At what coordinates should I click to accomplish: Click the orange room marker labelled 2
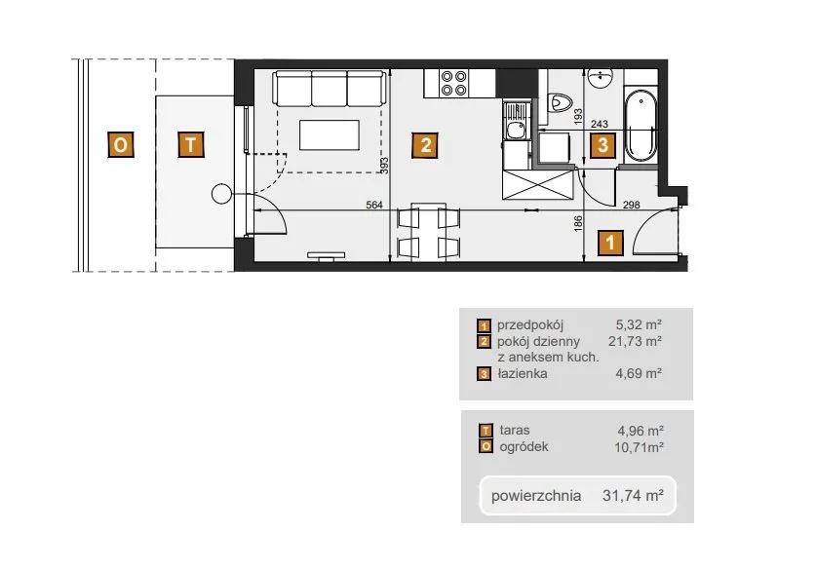[x=425, y=144]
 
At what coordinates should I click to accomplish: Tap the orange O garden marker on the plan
[x=120, y=144]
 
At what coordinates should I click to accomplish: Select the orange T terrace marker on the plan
[x=191, y=144]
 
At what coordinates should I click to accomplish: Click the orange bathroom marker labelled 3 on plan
[x=602, y=144]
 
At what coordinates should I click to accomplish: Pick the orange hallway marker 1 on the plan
[x=610, y=243]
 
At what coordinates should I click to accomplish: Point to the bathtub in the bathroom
[x=641, y=126]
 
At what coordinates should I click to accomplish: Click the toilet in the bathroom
[x=561, y=102]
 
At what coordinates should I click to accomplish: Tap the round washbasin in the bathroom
[x=601, y=79]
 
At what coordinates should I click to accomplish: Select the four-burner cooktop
[x=453, y=83]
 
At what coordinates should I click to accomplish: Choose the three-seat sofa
[x=329, y=89]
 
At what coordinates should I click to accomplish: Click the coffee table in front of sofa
[x=329, y=135]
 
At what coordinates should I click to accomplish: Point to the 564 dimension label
[x=374, y=205]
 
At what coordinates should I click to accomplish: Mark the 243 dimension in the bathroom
[x=600, y=124]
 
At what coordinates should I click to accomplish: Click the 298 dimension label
[x=632, y=205]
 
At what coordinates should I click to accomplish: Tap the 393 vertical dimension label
[x=384, y=166]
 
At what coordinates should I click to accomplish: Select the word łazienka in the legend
[x=522, y=373]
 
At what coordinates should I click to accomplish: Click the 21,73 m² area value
[x=635, y=341]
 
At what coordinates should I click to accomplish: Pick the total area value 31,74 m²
[x=633, y=495]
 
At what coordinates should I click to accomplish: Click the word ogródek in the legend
[x=524, y=447]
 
